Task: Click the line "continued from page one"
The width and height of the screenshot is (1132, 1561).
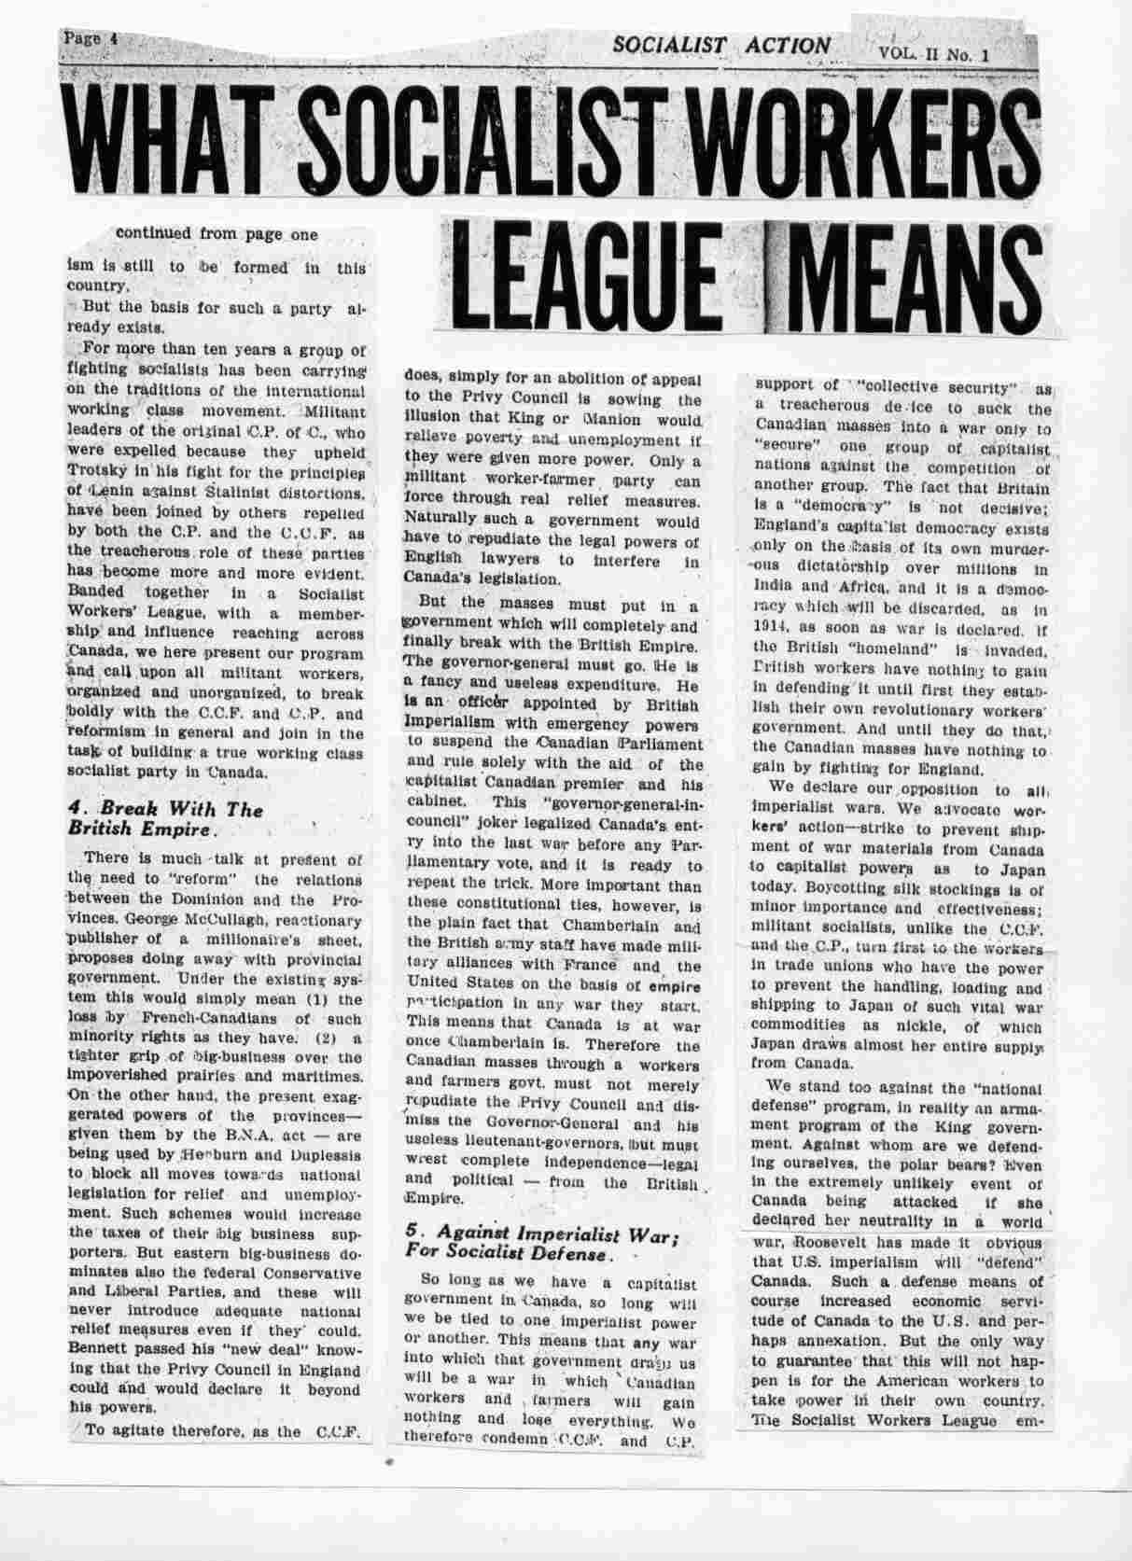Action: click(x=217, y=234)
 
